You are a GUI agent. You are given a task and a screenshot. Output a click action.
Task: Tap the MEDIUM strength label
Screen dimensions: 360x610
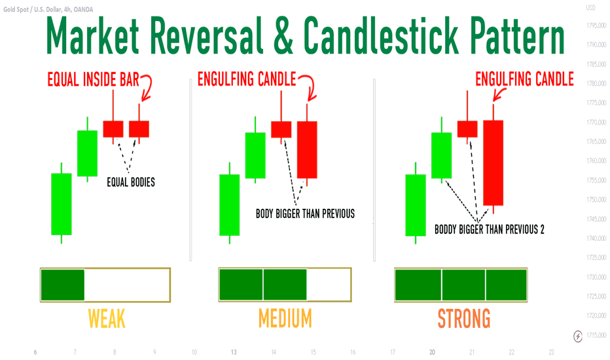(x=285, y=319)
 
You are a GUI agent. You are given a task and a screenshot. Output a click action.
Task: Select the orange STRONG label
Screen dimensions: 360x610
(x=463, y=319)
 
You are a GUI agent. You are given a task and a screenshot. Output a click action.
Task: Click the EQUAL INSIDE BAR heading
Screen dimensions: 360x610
(x=93, y=81)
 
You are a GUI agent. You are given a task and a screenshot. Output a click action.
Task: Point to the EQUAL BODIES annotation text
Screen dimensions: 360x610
(x=131, y=183)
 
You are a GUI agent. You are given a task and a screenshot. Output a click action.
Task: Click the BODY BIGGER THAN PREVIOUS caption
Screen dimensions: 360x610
(x=305, y=213)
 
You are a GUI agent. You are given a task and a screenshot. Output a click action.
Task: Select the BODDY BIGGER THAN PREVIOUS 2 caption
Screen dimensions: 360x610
(x=490, y=230)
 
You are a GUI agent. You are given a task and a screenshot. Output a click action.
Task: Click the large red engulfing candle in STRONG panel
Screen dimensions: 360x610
(x=493, y=162)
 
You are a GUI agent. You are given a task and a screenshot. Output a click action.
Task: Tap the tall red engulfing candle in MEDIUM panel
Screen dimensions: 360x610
(x=307, y=149)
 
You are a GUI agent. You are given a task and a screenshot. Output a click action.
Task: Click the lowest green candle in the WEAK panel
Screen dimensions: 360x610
(x=62, y=204)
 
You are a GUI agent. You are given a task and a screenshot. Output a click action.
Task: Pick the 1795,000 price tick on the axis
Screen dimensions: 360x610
(x=592, y=26)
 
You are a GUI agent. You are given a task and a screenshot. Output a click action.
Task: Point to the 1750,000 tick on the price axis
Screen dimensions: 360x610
(x=592, y=200)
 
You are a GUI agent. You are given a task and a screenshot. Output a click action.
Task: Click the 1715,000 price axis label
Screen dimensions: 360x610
(x=592, y=335)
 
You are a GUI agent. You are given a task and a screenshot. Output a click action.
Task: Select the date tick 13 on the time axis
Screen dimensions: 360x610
(x=234, y=352)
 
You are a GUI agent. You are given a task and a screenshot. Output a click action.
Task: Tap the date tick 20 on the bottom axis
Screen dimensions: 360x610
(x=432, y=352)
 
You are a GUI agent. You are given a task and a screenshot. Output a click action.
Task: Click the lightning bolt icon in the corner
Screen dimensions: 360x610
(x=578, y=336)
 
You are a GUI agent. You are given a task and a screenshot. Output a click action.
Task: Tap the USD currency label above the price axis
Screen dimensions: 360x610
(x=591, y=9)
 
